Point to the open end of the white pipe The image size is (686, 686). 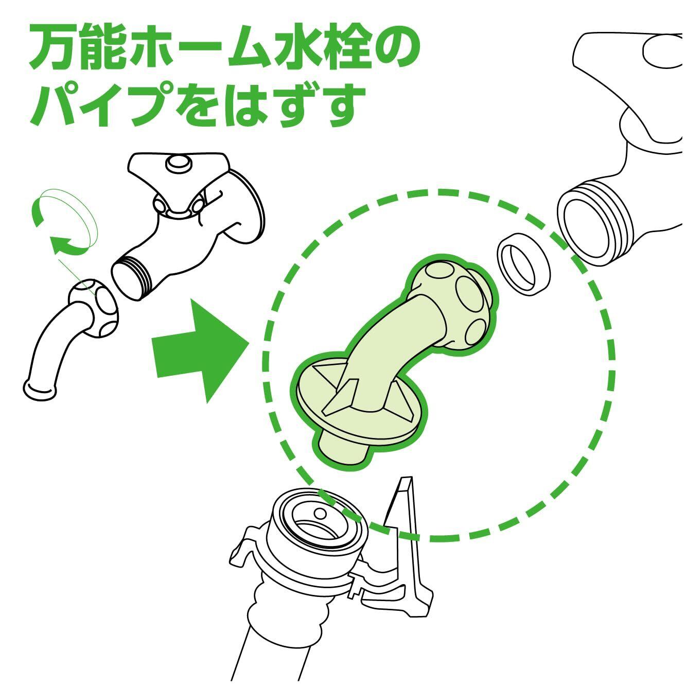pyautogui.click(x=39, y=390)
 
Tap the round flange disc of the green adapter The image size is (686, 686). pyautogui.click(x=360, y=407)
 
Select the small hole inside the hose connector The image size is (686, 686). pyautogui.click(x=319, y=514)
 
